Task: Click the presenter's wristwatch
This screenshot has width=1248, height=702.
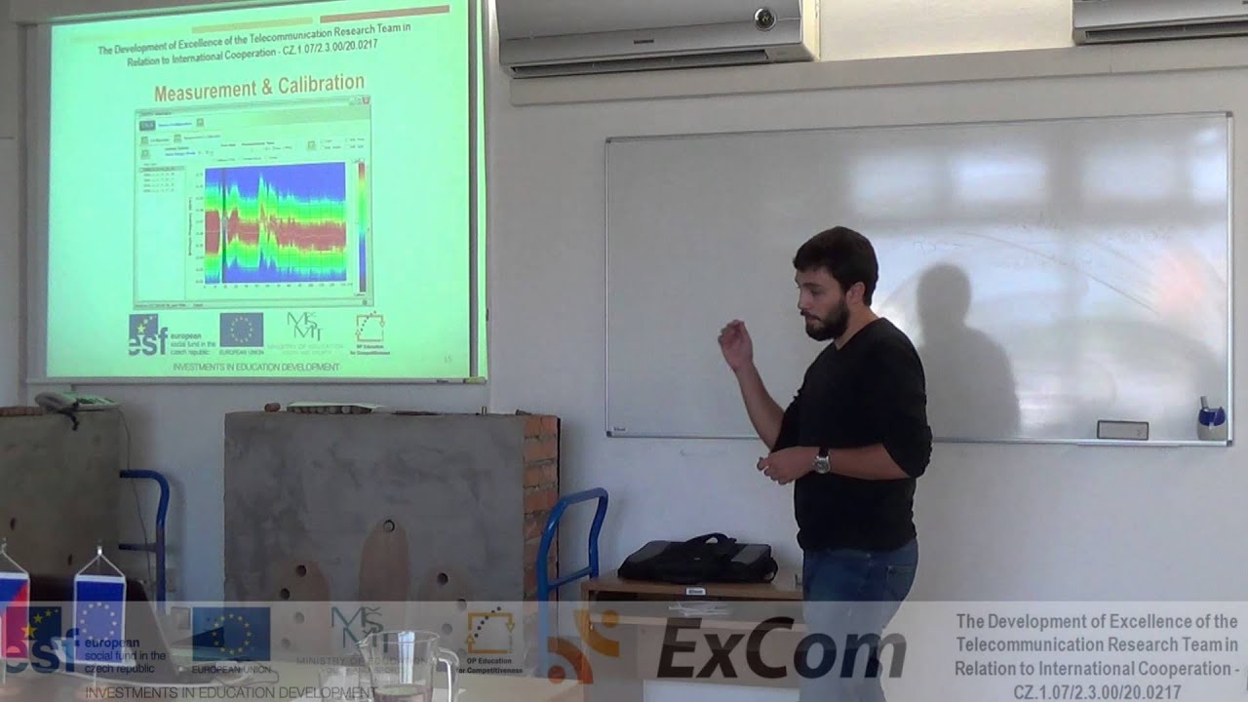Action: click(x=822, y=460)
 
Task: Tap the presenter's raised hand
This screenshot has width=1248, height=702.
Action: click(x=734, y=344)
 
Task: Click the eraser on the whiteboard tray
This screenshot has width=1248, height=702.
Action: click(x=1122, y=430)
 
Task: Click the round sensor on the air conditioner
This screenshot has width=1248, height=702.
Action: click(x=763, y=17)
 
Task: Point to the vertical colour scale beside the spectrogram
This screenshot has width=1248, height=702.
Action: click(x=361, y=224)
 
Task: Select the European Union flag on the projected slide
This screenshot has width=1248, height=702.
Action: click(x=241, y=331)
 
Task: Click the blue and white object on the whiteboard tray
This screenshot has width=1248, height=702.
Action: click(x=1211, y=420)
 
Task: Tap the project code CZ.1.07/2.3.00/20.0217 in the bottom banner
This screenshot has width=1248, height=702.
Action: click(x=1097, y=691)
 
